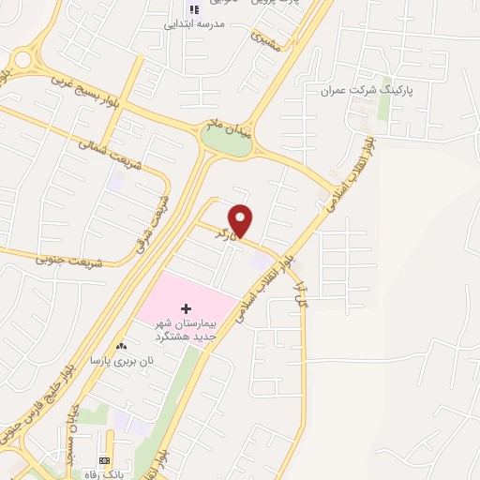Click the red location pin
[x=242, y=219]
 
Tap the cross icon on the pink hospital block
[x=186, y=307]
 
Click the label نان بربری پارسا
[x=120, y=360]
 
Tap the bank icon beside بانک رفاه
[x=103, y=461]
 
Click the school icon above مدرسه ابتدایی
[x=194, y=9]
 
